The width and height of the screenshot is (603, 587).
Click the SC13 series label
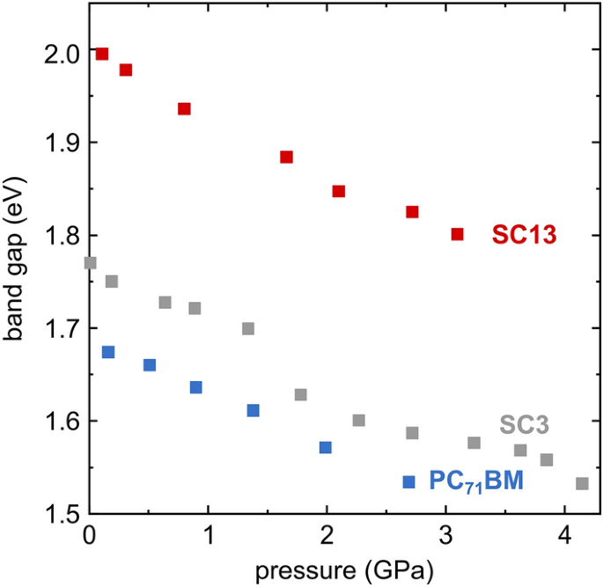[x=526, y=235]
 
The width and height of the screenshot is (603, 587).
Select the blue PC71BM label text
[x=475, y=481]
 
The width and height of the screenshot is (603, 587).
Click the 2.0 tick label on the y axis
[x=62, y=53]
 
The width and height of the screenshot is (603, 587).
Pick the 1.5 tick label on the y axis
[x=62, y=514]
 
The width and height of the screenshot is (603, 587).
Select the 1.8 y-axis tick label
[x=62, y=236]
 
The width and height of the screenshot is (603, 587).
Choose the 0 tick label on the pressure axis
[x=89, y=536]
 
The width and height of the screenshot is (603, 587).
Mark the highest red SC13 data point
[x=102, y=54]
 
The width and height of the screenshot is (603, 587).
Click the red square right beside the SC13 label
[x=457, y=234]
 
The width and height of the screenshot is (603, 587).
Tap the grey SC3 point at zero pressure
[x=90, y=262]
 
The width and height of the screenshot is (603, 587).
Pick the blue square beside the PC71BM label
[x=408, y=481]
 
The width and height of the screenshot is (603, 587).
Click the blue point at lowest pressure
[x=108, y=352]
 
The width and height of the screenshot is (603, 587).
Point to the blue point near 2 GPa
[x=325, y=447]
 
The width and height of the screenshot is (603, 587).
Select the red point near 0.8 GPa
[x=184, y=109]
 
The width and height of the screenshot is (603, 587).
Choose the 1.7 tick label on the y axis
[x=62, y=329]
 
